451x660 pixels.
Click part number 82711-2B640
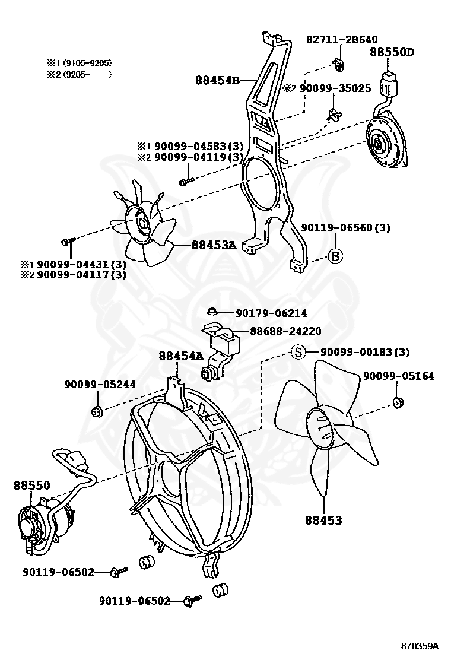point(341,39)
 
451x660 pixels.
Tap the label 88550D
point(392,52)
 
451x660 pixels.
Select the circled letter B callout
point(336,256)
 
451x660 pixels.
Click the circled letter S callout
point(298,352)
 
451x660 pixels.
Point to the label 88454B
point(217,81)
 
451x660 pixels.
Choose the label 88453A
point(214,245)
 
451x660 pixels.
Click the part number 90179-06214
point(271,313)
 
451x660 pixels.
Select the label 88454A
point(180,356)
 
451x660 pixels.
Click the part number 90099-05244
point(100,384)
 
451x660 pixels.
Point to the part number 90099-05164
point(398,376)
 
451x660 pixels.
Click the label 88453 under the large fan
point(324,520)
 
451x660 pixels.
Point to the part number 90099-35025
point(335,88)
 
